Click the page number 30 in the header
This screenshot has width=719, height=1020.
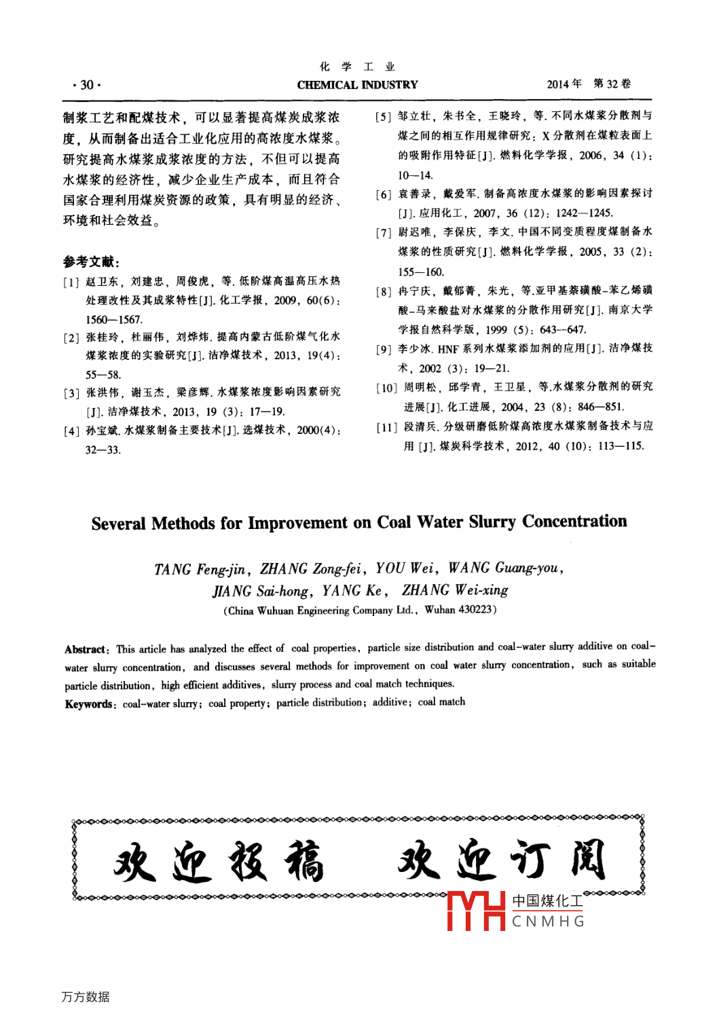[87, 85]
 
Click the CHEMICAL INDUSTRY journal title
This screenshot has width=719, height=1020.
[357, 85]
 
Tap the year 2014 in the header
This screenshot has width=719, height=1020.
[558, 84]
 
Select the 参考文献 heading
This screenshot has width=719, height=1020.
[91, 261]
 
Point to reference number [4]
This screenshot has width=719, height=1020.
[71, 431]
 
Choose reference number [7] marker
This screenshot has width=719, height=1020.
[384, 233]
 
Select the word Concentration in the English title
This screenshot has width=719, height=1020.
[574, 521]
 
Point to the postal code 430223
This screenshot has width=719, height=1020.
[475, 610]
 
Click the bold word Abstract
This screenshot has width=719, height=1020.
[86, 650]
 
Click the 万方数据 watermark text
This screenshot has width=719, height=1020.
[86, 997]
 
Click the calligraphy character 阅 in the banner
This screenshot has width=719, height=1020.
[588, 860]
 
